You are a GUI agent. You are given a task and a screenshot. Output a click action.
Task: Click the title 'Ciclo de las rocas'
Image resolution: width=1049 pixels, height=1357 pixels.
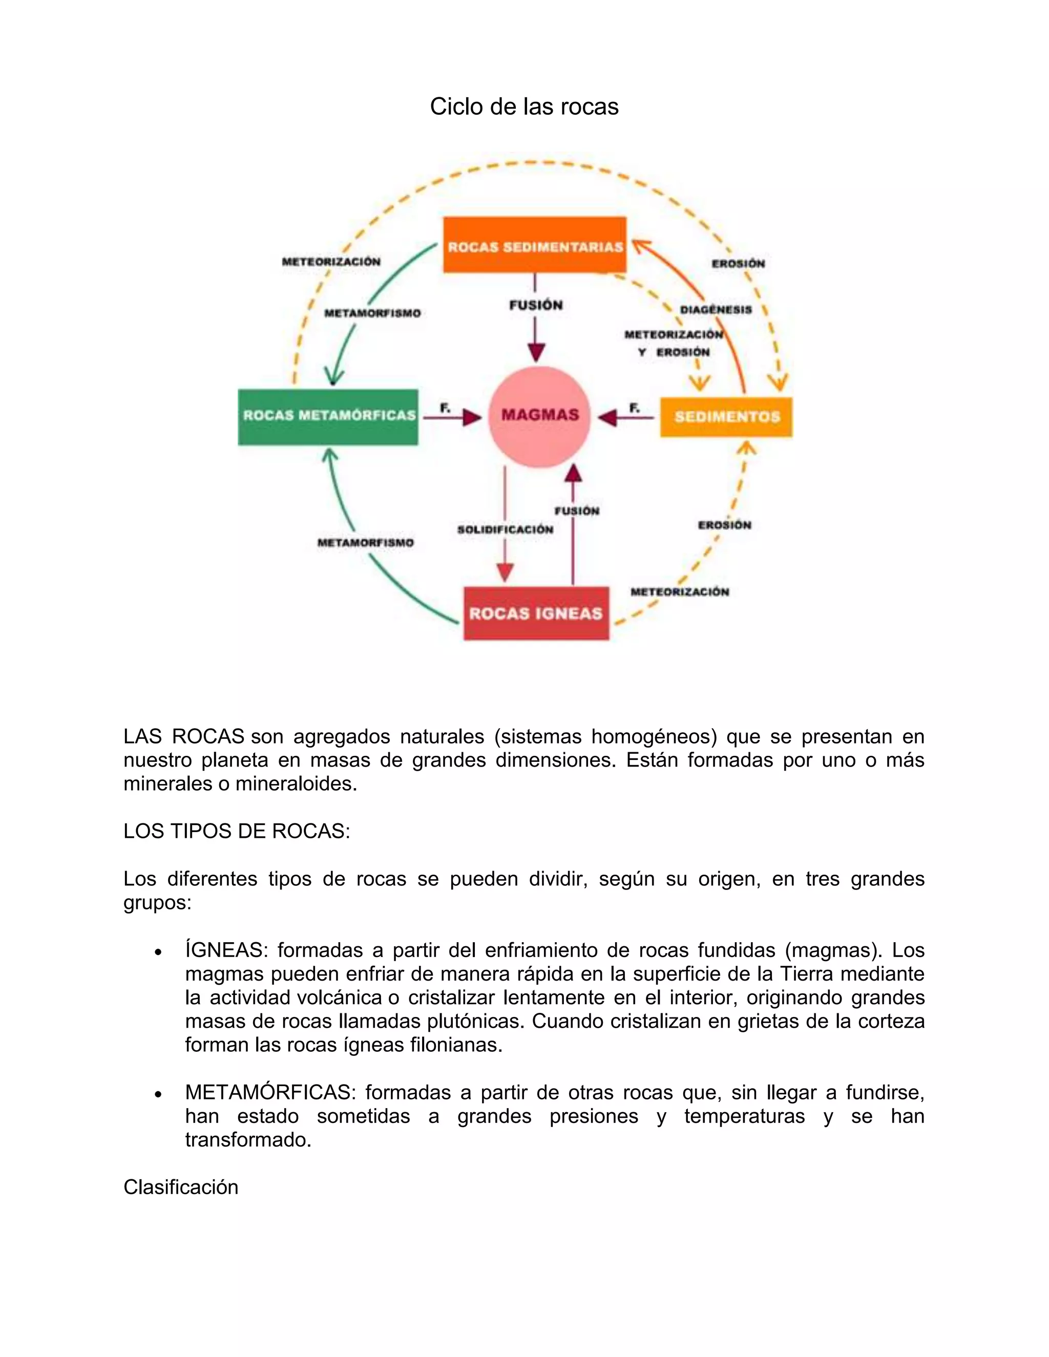tap(524, 107)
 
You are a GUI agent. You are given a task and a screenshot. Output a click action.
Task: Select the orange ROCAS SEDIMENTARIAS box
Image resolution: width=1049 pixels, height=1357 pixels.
tap(534, 245)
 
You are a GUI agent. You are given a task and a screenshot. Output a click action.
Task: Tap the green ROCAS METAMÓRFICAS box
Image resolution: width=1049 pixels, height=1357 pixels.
tap(328, 416)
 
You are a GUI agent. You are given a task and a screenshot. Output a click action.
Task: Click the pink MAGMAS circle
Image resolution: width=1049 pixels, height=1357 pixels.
tap(539, 416)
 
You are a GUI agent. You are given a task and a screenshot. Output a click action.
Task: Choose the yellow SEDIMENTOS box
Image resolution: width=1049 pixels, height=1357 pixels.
tap(726, 417)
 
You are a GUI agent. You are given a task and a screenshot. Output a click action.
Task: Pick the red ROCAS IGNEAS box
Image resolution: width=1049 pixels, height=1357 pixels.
tap(536, 613)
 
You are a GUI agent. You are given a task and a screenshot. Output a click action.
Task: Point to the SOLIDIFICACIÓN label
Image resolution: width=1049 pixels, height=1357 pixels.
tap(505, 529)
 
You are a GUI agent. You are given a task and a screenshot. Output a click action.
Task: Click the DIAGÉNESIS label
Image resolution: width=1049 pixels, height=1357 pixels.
tap(715, 309)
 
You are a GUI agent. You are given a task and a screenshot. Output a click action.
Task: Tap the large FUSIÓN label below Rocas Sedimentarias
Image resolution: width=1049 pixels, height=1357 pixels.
tap(536, 305)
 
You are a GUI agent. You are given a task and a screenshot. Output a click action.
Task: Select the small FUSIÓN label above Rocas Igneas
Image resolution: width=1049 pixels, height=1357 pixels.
tap(577, 511)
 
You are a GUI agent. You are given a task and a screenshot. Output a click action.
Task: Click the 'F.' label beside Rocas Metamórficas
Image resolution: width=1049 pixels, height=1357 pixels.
tap(445, 408)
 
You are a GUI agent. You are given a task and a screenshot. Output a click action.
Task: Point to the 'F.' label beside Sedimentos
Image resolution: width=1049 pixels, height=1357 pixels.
tap(634, 408)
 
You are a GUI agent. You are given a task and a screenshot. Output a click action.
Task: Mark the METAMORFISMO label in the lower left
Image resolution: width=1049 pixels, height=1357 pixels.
tap(365, 543)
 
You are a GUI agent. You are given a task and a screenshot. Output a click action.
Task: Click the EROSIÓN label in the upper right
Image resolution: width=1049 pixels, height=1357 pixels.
tap(738, 263)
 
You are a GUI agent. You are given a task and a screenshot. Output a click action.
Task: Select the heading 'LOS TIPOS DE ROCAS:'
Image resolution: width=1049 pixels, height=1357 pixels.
tap(237, 831)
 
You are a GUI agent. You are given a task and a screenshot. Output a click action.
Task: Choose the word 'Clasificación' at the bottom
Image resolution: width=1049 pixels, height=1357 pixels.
tap(181, 1188)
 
